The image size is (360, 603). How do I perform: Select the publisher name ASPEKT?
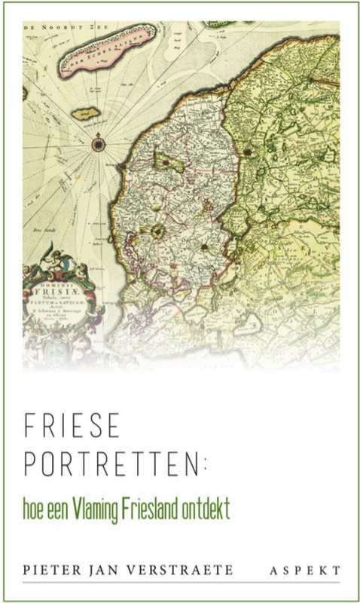tap(305, 570)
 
